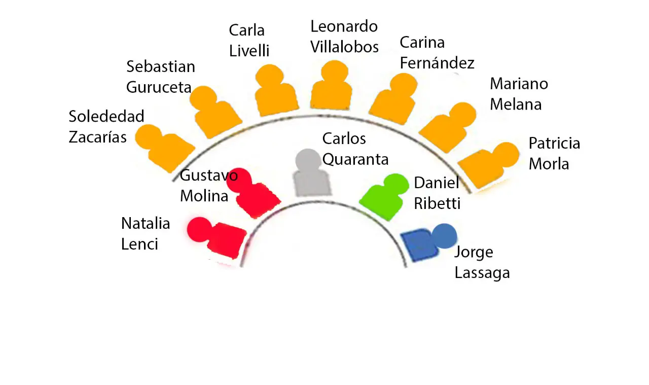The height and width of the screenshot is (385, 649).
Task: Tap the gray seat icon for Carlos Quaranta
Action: point(310,175)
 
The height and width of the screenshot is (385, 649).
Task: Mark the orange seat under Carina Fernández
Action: point(395,100)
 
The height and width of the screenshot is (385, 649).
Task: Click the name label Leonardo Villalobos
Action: point(344,37)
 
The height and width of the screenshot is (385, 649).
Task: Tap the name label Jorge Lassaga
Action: point(481,262)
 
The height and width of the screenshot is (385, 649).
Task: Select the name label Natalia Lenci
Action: point(146,233)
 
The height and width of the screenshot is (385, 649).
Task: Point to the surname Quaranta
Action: point(355,159)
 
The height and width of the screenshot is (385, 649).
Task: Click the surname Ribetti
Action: point(437,203)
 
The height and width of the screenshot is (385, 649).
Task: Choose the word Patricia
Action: point(554,143)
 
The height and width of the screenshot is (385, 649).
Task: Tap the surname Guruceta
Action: point(159,87)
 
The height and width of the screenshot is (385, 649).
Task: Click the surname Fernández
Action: point(437,63)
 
